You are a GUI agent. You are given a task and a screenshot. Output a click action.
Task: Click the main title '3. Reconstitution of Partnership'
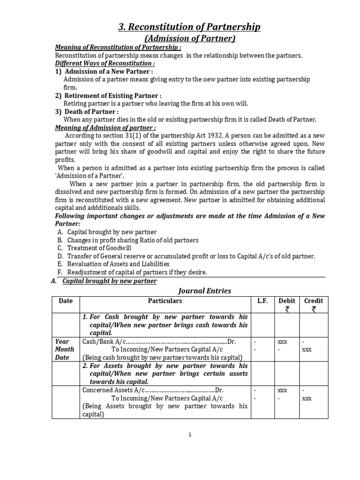pyautogui.click(x=189, y=27)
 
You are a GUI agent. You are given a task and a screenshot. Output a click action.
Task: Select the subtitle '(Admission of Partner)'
pyautogui.click(x=189, y=38)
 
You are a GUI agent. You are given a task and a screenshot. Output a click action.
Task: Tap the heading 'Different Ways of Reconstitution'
pyautogui.click(x=105, y=63)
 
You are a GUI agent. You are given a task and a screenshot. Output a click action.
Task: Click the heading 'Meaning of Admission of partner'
pyautogui.click(x=105, y=127)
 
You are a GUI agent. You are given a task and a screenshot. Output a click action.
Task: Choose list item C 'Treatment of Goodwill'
pyautogui.click(x=99, y=248)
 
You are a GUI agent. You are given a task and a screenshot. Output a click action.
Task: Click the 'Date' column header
pyautogui.click(x=66, y=301)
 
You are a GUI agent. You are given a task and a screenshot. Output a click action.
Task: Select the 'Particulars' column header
pyautogui.click(x=165, y=301)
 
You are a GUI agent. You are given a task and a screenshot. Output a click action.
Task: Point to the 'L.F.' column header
pyautogui.click(x=262, y=301)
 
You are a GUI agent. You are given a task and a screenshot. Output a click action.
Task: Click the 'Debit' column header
pyautogui.click(x=287, y=301)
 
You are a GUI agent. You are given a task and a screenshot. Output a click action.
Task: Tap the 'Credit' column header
pyautogui.click(x=314, y=301)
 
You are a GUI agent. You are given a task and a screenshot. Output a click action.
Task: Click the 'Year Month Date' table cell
pyautogui.click(x=65, y=349)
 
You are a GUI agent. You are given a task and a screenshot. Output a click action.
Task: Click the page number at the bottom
pyautogui.click(x=190, y=435)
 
